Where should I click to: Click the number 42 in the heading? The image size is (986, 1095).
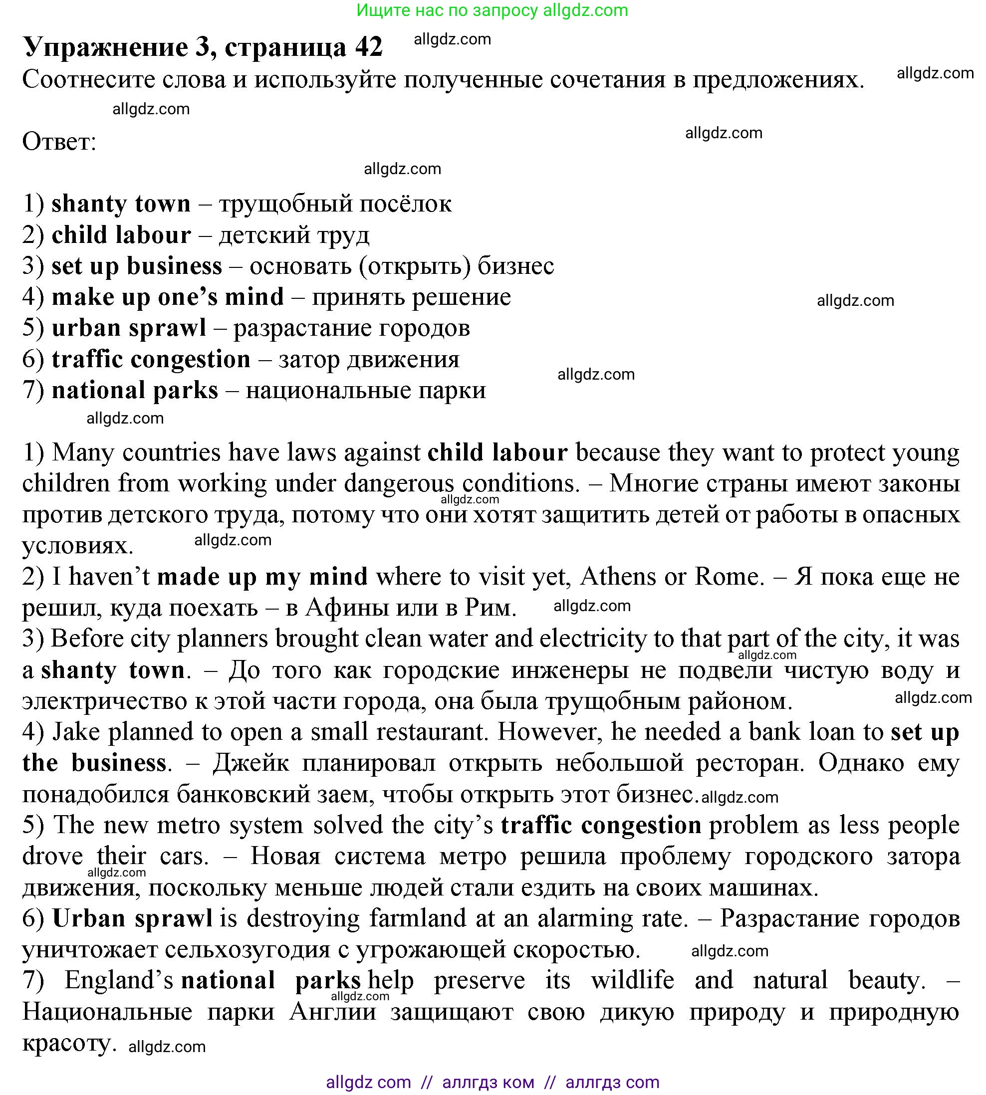[369, 47]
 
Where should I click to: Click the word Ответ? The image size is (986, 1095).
[59, 142]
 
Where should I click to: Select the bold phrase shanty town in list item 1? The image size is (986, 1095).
[121, 204]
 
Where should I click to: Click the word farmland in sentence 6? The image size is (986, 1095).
[417, 918]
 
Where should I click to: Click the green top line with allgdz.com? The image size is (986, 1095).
[493, 10]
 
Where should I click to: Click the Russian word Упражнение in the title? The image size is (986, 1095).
[105, 47]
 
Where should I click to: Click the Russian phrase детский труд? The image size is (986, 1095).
[294, 235]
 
